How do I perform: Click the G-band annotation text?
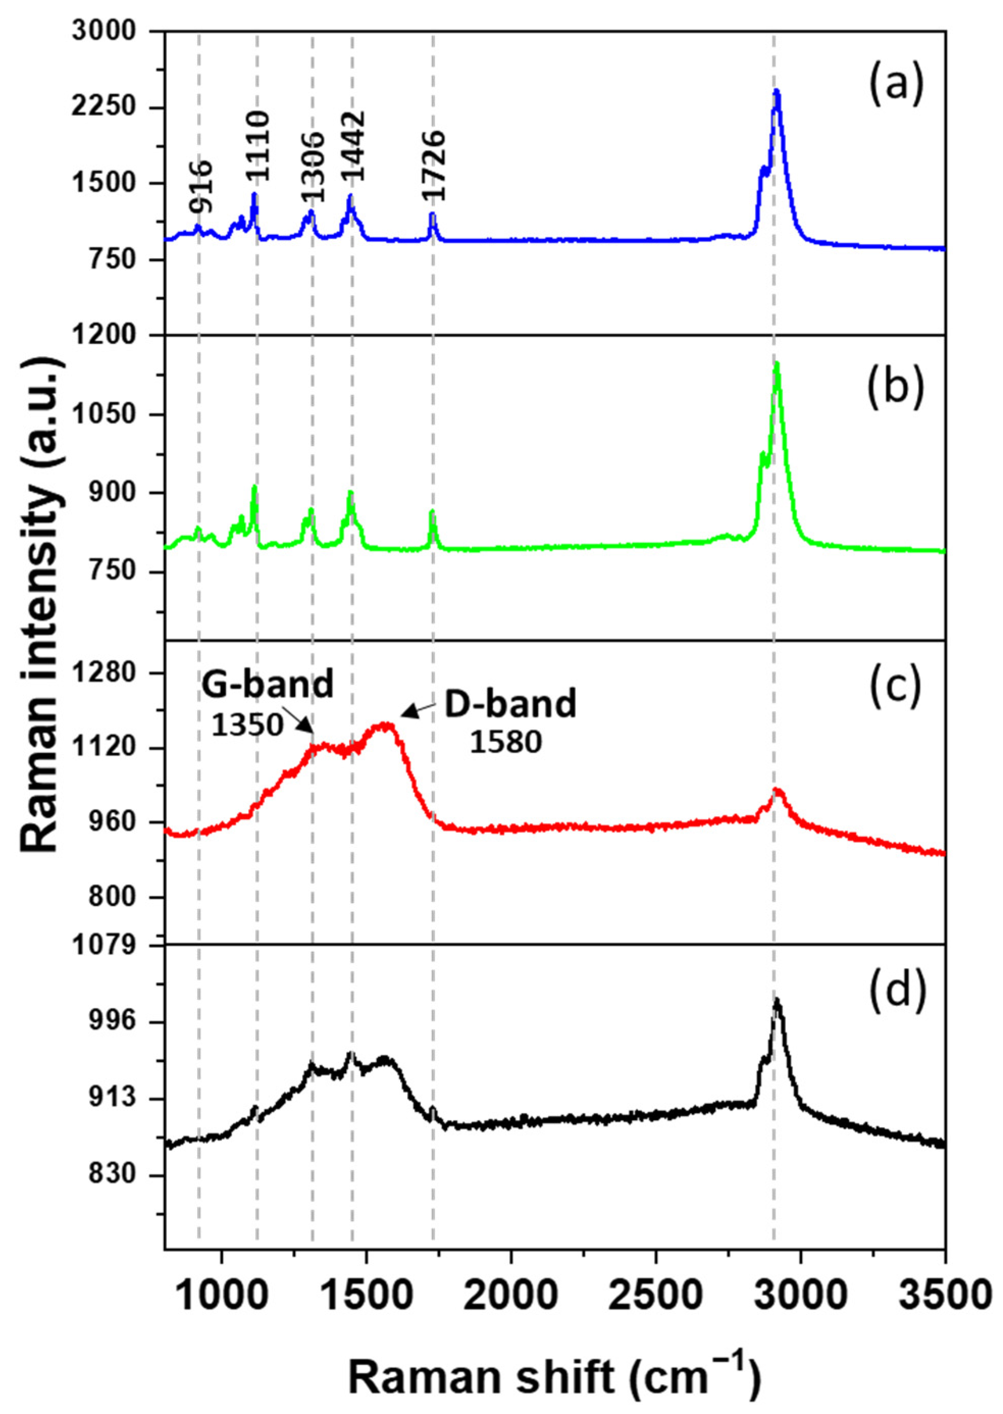[267, 685]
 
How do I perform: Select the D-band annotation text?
[511, 706]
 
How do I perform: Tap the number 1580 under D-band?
[505, 743]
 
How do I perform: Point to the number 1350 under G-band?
[247, 727]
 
